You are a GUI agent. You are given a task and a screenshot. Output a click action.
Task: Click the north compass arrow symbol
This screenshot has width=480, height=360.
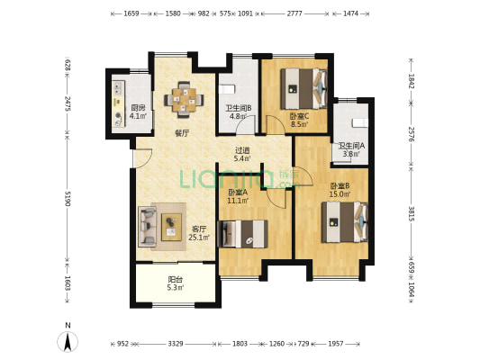coord(68,342)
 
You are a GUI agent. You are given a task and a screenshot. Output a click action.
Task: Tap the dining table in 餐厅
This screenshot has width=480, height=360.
coord(184,100)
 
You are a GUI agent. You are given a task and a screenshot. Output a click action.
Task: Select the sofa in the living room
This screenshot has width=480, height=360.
coord(148,226)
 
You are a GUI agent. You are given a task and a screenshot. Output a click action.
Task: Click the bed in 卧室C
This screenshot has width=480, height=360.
coord(304,89)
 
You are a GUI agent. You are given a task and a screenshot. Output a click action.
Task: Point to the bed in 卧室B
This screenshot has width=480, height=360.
coord(345,222)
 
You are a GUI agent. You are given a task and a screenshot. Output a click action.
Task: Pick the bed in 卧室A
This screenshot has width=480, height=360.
coord(242,234)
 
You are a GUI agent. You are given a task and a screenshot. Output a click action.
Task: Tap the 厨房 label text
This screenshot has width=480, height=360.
coord(138,108)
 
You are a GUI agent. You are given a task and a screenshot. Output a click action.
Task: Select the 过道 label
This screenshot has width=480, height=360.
coord(242,150)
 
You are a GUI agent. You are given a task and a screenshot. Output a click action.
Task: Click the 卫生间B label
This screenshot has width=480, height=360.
coord(239,108)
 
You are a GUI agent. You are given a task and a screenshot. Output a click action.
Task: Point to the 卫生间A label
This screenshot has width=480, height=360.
coord(351,146)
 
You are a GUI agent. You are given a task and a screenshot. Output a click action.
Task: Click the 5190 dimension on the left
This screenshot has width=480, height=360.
coord(68,199)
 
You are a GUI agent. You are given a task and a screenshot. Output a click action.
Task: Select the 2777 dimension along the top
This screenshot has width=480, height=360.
coord(294,13)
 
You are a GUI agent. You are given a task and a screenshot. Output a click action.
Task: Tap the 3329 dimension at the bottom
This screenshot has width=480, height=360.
coord(176,344)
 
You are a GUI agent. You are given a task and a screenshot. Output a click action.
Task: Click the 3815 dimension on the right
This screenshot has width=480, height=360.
coord(411,214)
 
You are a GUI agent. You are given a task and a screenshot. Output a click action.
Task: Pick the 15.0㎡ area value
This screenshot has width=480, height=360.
coord(340,193)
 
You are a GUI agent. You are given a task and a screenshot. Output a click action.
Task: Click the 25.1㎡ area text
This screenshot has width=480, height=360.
coord(199,238)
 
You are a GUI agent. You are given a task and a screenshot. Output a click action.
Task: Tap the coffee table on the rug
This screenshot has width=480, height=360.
coord(171,227)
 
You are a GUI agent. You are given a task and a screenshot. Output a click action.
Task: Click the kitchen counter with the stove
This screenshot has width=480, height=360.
coord(119,103)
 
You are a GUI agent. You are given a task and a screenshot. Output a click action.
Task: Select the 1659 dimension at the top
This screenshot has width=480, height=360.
coord(131,13)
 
